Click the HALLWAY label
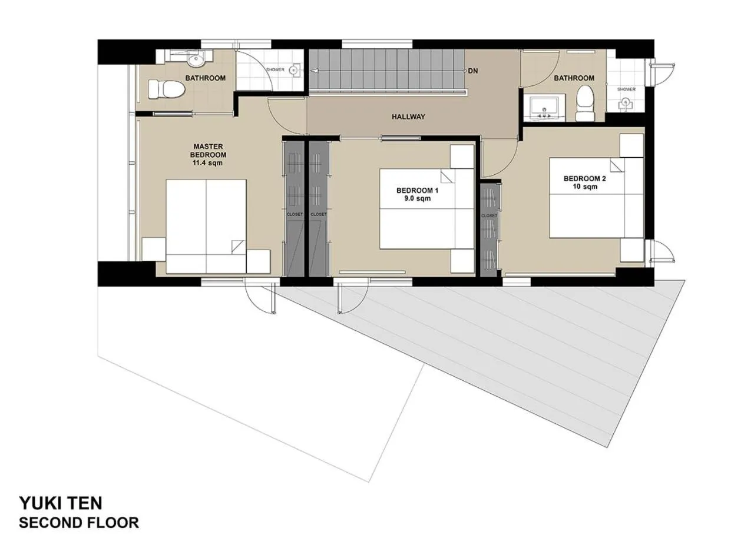pyautogui.click(x=408, y=117)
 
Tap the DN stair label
pyautogui.click(x=472, y=71)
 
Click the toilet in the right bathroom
pyautogui.click(x=584, y=104)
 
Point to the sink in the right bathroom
pyautogui.click(x=543, y=108)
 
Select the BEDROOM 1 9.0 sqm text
pyautogui.click(x=417, y=194)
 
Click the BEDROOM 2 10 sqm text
pyautogui.click(x=584, y=182)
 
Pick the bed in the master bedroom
pyautogui.click(x=206, y=226)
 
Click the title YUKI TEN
pyautogui.click(x=60, y=503)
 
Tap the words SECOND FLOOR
pyautogui.click(x=79, y=522)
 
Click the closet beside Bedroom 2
pyautogui.click(x=489, y=230)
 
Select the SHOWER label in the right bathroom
pyautogui.click(x=626, y=89)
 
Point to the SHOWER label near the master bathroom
pyautogui.click(x=275, y=69)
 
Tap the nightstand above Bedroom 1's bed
pyautogui.click(x=462, y=157)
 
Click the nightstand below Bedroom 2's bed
pyautogui.click(x=631, y=250)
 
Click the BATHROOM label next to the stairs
pyautogui.click(x=574, y=78)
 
